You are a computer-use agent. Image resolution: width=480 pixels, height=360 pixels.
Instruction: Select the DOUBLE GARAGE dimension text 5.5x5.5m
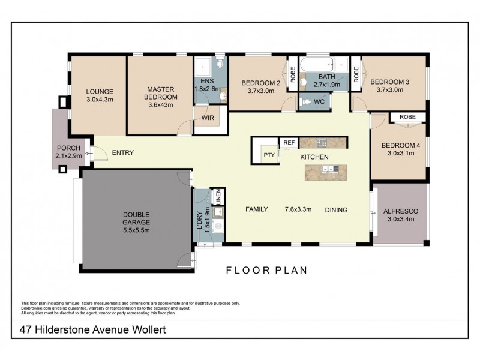coord(137,230)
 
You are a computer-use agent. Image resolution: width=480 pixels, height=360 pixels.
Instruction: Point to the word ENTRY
coord(122,153)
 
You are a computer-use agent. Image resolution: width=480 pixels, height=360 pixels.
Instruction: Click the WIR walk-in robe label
coord(208,118)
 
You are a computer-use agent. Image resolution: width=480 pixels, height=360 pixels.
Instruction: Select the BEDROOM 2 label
coord(261,83)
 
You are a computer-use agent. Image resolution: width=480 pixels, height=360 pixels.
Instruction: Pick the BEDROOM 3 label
coord(389,82)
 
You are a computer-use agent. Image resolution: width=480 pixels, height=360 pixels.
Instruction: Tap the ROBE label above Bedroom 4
coord(407,117)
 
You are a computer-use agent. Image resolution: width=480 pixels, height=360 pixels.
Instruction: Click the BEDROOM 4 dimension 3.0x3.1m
coord(399,153)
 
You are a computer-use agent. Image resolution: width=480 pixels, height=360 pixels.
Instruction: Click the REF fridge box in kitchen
coord(289,143)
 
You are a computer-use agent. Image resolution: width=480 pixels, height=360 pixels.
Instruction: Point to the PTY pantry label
coord(269,155)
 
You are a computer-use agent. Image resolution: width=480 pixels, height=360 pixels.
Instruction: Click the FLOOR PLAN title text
coord(266,270)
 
